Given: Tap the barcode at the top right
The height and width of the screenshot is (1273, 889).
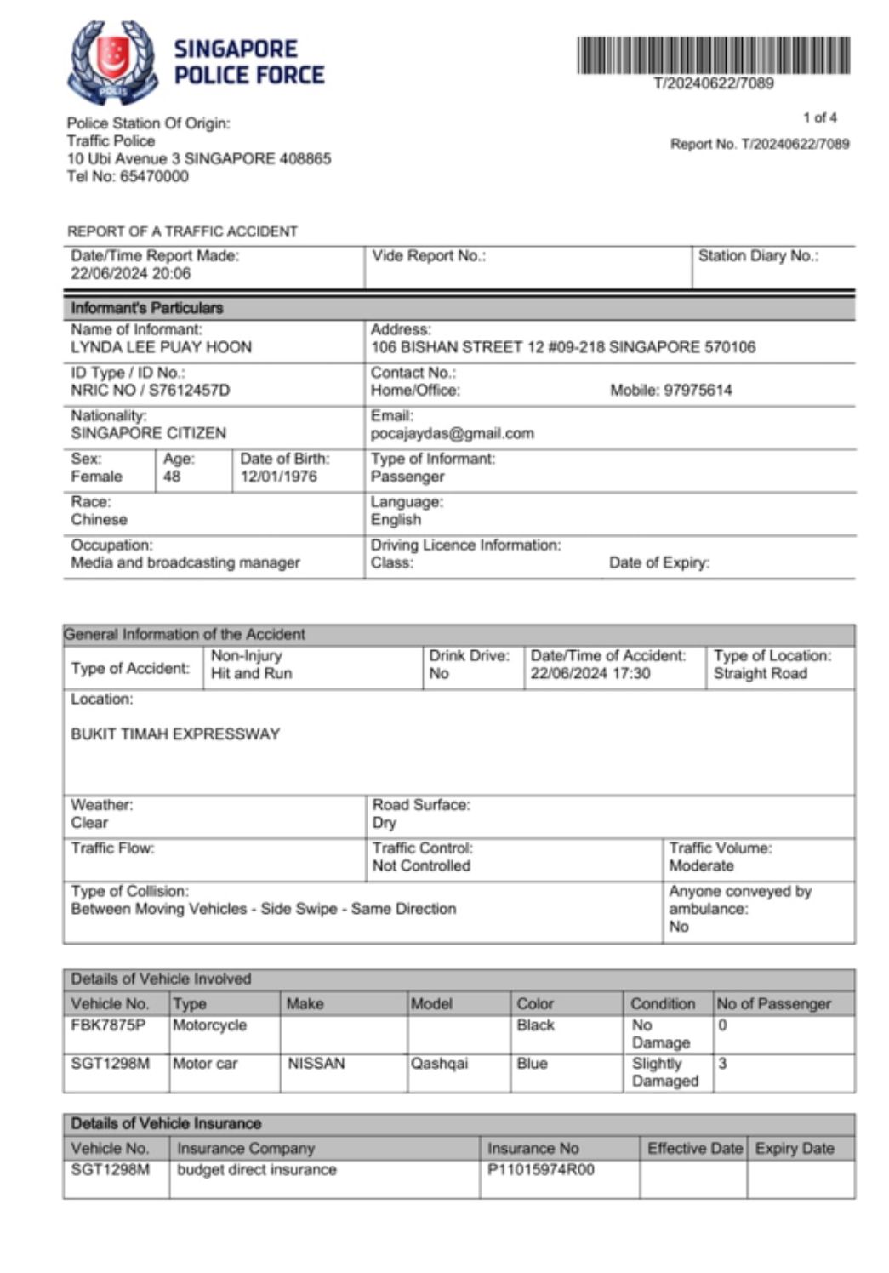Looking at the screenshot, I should [713, 55].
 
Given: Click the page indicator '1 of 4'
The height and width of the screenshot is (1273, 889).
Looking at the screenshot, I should [819, 117].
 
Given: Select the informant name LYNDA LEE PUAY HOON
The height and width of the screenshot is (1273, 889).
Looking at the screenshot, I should [161, 347].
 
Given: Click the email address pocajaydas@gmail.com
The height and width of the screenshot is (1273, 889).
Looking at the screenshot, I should [452, 433].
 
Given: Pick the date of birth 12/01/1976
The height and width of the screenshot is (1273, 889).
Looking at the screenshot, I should [278, 477].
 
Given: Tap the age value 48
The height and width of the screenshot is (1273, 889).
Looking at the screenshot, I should [172, 477].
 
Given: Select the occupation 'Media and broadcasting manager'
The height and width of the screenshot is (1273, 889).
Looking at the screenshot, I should [185, 562].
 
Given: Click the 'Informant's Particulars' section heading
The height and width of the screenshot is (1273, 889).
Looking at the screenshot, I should [147, 308].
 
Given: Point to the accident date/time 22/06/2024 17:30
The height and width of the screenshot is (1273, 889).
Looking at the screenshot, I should [590, 673].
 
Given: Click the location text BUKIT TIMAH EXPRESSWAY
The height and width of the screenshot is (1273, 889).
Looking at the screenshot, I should [175, 734].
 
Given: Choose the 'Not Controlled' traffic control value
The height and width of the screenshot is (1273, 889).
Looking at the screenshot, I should [421, 865].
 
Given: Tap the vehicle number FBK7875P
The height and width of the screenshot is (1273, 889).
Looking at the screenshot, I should [108, 1025].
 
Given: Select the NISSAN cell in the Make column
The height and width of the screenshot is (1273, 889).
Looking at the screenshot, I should [316, 1064].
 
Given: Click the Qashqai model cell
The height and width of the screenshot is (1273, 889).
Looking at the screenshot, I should [439, 1064].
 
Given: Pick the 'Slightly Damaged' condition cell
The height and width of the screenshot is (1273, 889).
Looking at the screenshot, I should [664, 1072].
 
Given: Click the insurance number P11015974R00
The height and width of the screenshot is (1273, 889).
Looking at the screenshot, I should [540, 1170].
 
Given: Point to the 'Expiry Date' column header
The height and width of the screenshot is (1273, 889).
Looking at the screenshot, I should [795, 1148].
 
